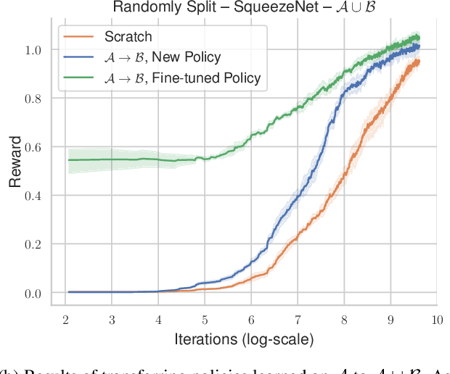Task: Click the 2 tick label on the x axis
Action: pyautogui.click(x=66, y=319)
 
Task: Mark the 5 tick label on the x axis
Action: pyautogui.click(x=205, y=319)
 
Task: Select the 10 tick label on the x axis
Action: pyautogui.click(x=436, y=319)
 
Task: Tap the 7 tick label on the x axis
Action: pyautogui.click(x=298, y=319)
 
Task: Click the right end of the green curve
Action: pyautogui.click(x=419, y=38)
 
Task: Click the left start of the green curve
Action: pyautogui.click(x=69, y=159)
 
